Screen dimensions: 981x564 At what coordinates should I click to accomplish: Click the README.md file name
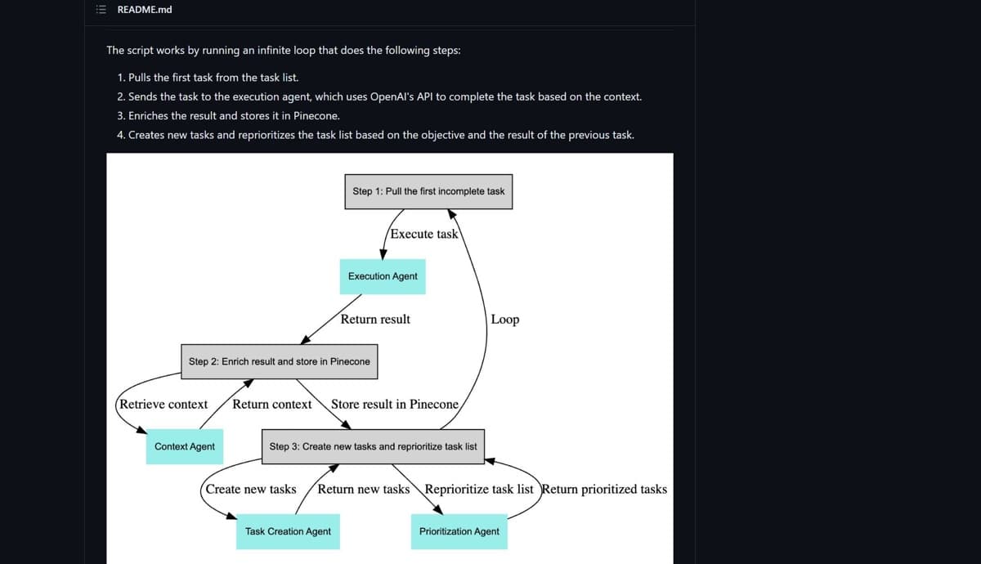click(x=145, y=10)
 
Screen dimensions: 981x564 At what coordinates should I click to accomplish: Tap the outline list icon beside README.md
click(x=101, y=10)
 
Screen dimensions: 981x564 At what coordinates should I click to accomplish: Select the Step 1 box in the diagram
click(x=428, y=192)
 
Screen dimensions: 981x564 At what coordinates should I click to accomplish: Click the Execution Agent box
click(x=383, y=277)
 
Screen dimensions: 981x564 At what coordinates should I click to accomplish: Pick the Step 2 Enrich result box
click(x=280, y=361)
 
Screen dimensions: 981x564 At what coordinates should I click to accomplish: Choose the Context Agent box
click(x=185, y=446)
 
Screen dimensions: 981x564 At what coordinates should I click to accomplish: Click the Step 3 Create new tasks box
click(x=373, y=446)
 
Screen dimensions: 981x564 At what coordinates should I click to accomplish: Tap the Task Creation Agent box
click(x=288, y=531)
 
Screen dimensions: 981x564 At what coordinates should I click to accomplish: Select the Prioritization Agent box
click(x=459, y=531)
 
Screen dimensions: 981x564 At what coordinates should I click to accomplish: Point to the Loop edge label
click(x=505, y=320)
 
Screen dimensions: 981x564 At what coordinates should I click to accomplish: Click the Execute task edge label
click(x=424, y=235)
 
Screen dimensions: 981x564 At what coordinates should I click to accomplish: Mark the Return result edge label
click(x=375, y=320)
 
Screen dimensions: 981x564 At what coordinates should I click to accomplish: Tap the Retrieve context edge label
click(x=163, y=404)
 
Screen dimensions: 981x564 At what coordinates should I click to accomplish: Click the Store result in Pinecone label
click(x=395, y=404)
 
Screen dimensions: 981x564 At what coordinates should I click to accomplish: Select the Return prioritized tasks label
click(x=604, y=490)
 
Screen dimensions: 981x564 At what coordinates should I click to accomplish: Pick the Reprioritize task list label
click(x=479, y=490)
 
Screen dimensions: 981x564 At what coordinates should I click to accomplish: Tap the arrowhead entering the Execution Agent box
click(x=383, y=254)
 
